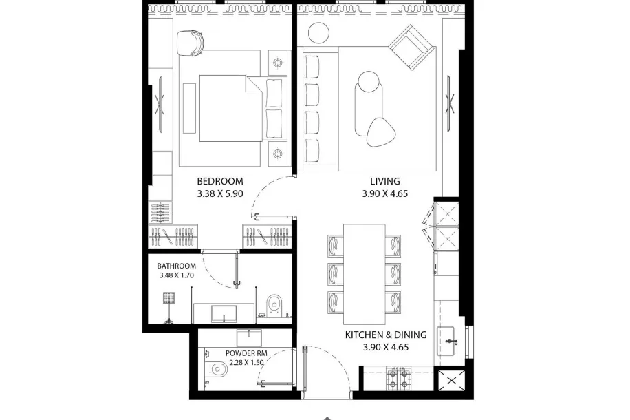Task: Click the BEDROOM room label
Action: pos(220,181)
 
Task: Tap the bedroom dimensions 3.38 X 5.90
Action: pos(220,194)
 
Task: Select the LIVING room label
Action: pos(385,181)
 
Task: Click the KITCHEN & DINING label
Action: pos(386,335)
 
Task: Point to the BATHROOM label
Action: pos(176,266)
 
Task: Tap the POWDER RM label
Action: pos(246,353)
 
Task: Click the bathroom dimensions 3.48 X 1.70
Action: pos(176,275)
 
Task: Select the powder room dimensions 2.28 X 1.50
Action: pos(246,362)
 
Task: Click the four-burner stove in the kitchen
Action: pos(399,379)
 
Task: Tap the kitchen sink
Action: pos(446,341)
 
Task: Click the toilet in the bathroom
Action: pos(275,303)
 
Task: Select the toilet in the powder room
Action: pos(217,368)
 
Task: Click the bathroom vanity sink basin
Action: pos(224,314)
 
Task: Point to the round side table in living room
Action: pos(318,32)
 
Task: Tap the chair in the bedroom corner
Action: pos(190,43)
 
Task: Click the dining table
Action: pos(364,274)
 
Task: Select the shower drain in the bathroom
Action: pos(169,298)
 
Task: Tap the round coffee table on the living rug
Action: pos(369,82)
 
